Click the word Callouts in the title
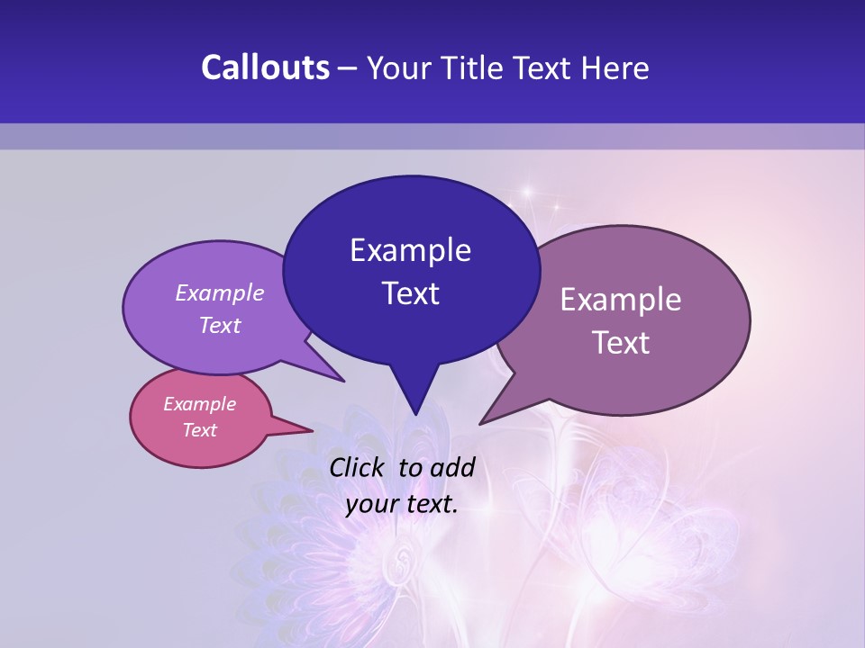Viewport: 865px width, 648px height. (265, 67)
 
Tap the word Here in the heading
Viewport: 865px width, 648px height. (615, 67)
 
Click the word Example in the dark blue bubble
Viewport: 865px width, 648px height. (410, 250)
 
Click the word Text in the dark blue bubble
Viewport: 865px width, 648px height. (410, 293)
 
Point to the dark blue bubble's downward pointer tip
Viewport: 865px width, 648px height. (415, 415)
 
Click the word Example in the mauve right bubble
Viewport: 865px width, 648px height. (621, 300)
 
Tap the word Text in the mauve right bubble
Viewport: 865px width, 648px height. (621, 343)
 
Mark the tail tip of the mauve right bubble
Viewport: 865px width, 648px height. (480, 424)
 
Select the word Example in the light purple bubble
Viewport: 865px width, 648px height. (220, 292)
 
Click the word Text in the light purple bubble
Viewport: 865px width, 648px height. (220, 325)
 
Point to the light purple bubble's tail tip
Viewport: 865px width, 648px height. (344, 382)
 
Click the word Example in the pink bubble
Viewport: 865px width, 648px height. (199, 404)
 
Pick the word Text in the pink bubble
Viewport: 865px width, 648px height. (199, 430)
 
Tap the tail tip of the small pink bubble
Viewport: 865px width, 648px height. (313, 430)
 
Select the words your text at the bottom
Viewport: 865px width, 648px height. (402, 504)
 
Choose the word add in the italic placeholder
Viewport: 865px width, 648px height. (451, 467)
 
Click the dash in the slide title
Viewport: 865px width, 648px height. (349, 69)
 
